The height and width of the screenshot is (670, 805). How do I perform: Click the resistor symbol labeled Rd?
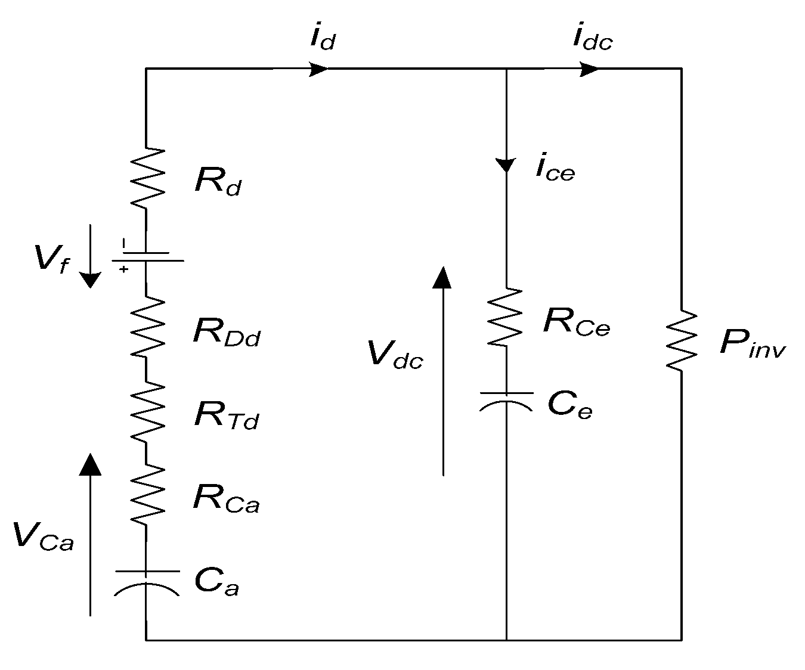147,178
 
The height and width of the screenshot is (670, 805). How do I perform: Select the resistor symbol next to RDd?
147,327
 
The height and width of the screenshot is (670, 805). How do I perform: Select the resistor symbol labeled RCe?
506,318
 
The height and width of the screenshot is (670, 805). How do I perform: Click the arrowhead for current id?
318,69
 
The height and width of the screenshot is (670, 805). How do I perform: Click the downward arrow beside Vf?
91,256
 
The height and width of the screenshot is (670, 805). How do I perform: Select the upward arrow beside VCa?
91,533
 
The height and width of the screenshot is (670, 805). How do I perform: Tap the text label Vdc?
395,356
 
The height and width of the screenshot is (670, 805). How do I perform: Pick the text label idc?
592,38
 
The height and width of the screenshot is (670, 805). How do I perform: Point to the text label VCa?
44,536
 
